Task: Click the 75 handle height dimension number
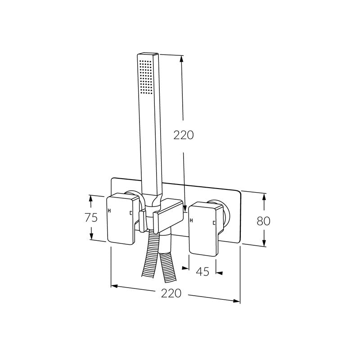coord(91,218)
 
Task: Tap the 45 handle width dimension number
coord(203,272)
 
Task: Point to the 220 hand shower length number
coord(184,135)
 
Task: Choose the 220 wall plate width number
coord(171,293)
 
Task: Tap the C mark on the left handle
coord(130,213)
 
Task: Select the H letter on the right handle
coord(192,220)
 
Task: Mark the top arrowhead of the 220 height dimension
coord(182,58)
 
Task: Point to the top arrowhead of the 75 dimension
coord(91,198)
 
